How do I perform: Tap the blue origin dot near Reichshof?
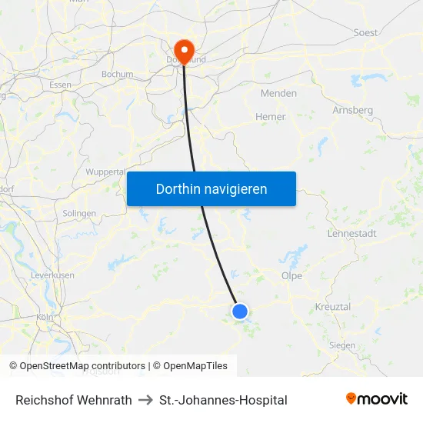pyautogui.click(x=240, y=311)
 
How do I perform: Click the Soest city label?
pyautogui.click(x=365, y=33)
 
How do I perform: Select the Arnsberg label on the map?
pyautogui.click(x=352, y=110)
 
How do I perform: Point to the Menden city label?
pyautogui.click(x=279, y=93)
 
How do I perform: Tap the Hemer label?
pyautogui.click(x=270, y=117)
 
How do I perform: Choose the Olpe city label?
pyautogui.click(x=291, y=275)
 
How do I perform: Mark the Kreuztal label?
pyautogui.click(x=333, y=307)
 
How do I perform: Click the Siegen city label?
pyautogui.click(x=341, y=345)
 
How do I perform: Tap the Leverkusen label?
pyautogui.click(x=52, y=275)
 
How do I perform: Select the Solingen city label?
pyautogui.click(x=79, y=213)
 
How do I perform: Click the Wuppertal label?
pyautogui.click(x=105, y=172)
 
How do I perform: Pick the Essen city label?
pyautogui.click(x=60, y=85)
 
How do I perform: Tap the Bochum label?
pyautogui.click(x=117, y=75)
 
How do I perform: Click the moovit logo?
pyautogui.click(x=376, y=399)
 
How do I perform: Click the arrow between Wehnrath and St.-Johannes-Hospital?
pyautogui.click(x=145, y=400)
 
